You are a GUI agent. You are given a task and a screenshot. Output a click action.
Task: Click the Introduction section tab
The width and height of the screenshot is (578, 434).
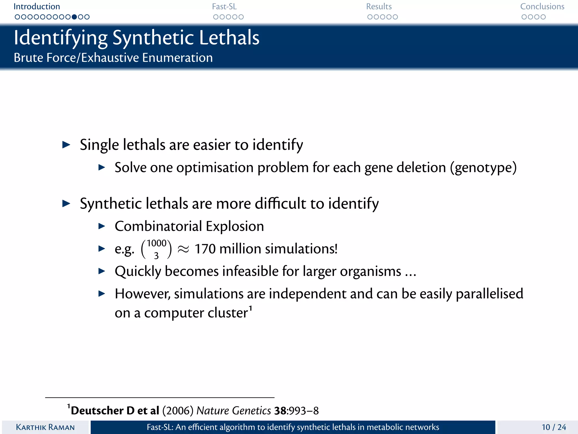pos(37,6)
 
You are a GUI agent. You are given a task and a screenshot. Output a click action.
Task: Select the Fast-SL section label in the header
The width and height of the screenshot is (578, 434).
pos(224,6)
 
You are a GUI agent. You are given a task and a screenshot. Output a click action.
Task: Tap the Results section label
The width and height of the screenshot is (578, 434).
pos(379,6)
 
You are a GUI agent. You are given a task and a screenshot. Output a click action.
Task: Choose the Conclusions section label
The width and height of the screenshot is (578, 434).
pos(542,6)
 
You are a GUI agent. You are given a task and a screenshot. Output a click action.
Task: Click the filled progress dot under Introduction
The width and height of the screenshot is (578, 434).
pos(74,17)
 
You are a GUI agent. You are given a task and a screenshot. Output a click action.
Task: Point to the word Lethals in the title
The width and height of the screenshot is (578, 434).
pos(229,38)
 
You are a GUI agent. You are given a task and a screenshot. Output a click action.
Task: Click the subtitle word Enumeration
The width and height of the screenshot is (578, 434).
pos(177,58)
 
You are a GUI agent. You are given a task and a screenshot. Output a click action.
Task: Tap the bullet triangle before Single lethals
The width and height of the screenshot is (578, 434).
pos(66,145)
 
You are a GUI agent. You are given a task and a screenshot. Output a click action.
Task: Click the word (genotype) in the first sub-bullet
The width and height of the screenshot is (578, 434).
pos(483,168)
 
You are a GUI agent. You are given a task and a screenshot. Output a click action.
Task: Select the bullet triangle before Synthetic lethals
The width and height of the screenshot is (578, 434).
pos(66,203)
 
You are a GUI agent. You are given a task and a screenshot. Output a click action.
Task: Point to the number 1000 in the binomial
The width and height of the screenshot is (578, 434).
pos(156,243)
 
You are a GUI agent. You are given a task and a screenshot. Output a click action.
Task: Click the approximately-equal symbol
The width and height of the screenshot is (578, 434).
pos(183,249)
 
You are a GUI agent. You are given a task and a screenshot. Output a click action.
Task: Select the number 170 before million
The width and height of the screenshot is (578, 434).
pos(205,249)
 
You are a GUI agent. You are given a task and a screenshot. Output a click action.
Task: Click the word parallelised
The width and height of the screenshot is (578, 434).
pos(489,294)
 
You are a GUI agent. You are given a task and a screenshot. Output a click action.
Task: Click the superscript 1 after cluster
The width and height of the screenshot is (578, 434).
pos(250,308)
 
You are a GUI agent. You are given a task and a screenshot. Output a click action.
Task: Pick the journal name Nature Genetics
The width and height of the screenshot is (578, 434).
pos(234,411)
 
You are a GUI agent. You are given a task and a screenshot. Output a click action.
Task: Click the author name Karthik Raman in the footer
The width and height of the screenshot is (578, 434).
pos(45,427)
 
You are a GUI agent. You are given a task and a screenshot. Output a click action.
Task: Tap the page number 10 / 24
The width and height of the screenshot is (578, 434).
pos(554,427)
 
